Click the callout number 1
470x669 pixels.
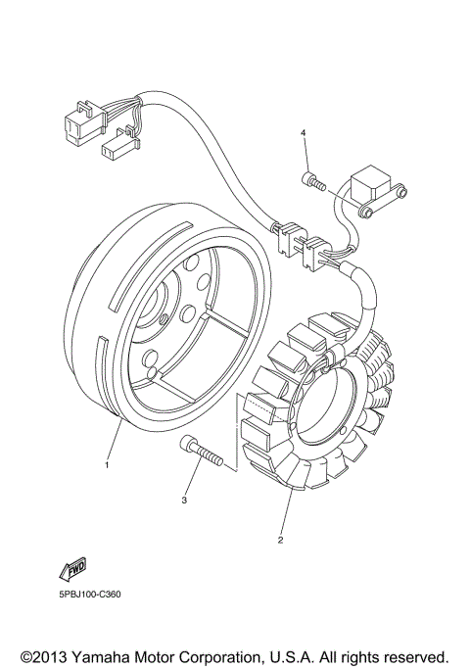108,465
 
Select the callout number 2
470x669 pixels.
281,540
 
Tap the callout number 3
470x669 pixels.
183,501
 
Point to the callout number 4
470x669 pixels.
304,132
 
